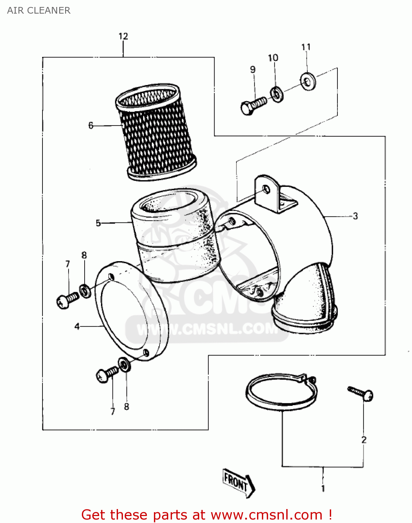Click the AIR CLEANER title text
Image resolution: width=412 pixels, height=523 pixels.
click(39, 10)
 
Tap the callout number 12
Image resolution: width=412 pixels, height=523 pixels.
click(123, 36)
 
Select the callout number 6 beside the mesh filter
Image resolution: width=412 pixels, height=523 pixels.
click(91, 126)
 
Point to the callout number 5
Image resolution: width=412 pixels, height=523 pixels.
click(98, 223)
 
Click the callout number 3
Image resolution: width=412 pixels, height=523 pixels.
click(355, 216)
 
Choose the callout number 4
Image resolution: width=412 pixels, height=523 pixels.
click(77, 326)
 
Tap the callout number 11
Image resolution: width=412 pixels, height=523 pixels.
click(306, 47)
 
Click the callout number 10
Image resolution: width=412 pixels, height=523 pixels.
click(273, 58)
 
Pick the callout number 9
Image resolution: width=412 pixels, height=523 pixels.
click(253, 70)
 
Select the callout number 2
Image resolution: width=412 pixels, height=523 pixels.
click(364, 440)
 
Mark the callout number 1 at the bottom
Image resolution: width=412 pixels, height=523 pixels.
click(323, 488)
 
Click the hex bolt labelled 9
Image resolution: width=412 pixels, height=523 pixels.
click(252, 105)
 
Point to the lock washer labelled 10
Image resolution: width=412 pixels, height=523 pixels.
click(277, 94)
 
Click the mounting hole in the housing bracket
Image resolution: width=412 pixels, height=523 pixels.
click(266, 190)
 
